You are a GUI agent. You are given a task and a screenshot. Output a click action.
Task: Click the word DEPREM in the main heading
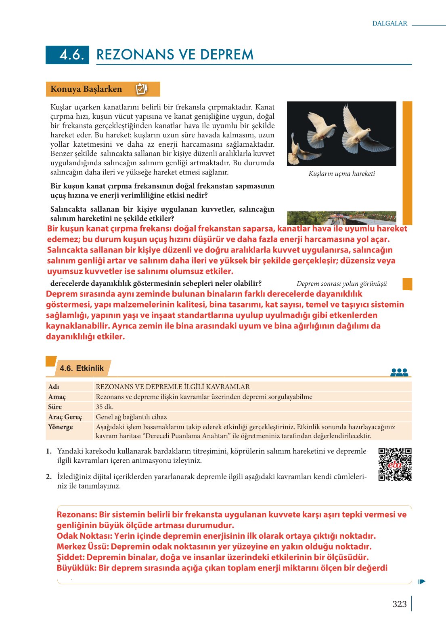pyautogui.click(x=226, y=55)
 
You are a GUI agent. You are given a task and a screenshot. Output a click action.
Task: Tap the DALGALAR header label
pyautogui.click(x=389, y=23)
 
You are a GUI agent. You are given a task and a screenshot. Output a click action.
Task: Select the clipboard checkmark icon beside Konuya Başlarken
pyautogui.click(x=141, y=89)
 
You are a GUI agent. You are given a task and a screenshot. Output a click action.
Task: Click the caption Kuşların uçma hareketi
pyautogui.click(x=341, y=174)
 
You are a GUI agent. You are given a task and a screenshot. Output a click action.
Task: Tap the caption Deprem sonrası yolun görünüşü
pyautogui.click(x=341, y=284)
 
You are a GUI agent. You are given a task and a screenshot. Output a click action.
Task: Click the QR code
pyautogui.click(x=395, y=464)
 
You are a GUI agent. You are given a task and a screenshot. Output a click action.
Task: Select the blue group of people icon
pyautogui.click(x=399, y=373)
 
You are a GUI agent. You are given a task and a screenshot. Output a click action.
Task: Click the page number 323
pyautogui.click(x=399, y=604)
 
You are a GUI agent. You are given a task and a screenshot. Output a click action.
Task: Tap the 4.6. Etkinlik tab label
pyautogui.click(x=82, y=368)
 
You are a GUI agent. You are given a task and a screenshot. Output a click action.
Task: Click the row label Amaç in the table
pyautogui.click(x=57, y=397)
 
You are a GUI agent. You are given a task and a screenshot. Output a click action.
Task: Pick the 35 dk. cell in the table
pyautogui.click(x=105, y=407)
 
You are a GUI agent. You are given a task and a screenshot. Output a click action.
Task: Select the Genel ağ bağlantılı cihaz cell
pyautogui.click(x=131, y=417)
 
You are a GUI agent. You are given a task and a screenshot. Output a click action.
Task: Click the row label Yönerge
pyautogui.click(x=61, y=427)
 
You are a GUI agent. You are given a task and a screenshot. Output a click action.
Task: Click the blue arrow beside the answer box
pyautogui.click(x=422, y=582)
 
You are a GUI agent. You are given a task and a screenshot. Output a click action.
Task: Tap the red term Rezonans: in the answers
pyautogui.click(x=77, y=515)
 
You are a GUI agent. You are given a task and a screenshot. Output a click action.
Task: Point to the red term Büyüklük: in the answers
pyautogui.click(x=76, y=568)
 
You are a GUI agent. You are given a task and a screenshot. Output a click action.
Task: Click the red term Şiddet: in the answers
pyautogui.click(x=71, y=558)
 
